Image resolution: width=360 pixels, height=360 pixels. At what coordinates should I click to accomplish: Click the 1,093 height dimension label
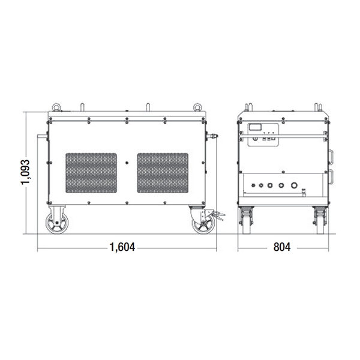[x=25, y=172]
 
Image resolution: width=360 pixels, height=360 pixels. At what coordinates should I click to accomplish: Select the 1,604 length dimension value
[x=122, y=247]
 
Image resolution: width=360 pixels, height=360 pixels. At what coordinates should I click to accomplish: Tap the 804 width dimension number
[x=282, y=247]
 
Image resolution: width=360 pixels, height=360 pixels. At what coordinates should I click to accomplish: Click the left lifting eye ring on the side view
[x=56, y=107]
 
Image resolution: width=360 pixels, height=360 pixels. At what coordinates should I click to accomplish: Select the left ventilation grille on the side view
[x=91, y=173]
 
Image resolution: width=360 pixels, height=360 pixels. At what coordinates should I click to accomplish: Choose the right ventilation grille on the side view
[x=163, y=173]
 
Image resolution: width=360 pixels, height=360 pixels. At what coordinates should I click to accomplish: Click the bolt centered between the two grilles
[x=127, y=163]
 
